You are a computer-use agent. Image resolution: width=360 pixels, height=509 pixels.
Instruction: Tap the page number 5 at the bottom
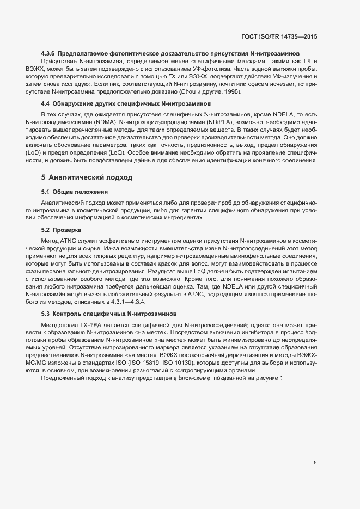point(315,463)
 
